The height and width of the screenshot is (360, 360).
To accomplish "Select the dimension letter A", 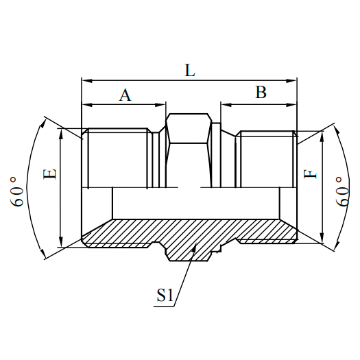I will point(125,95).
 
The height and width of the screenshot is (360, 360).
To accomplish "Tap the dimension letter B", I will point(261,93).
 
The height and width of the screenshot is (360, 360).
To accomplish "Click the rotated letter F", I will point(313,170).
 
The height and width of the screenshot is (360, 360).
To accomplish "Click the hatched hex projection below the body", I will point(189,251).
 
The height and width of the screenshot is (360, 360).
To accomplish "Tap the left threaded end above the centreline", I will point(117,158).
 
